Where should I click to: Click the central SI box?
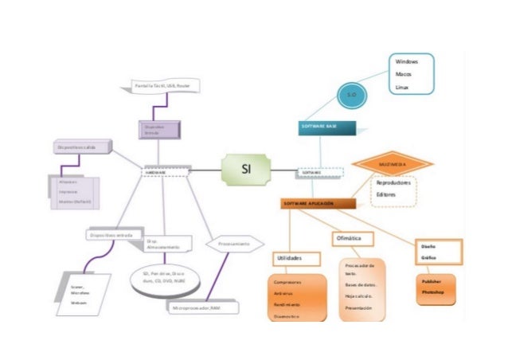point(246,170)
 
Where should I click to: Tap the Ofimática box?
point(351,238)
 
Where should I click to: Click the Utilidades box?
point(295,259)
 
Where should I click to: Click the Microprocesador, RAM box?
point(195,307)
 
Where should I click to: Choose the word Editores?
point(386,194)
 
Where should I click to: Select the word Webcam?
point(80,303)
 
